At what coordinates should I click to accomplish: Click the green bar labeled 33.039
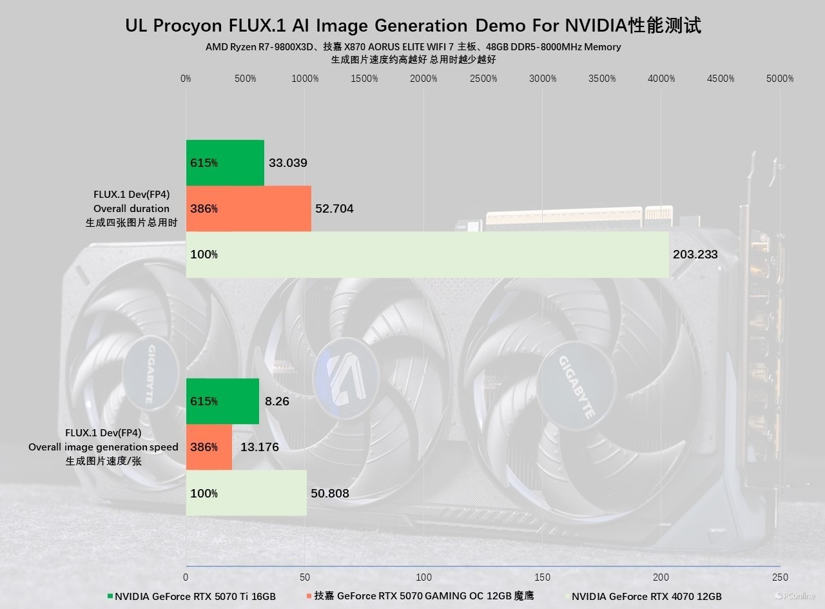225,162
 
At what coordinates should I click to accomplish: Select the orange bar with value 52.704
248,208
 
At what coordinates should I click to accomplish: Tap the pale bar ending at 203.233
427,255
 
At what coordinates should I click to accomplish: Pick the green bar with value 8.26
222,401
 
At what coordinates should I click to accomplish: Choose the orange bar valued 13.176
209,447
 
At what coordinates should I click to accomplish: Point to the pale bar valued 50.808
246,493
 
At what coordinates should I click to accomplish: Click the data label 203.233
695,255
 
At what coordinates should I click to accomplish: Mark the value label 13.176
259,447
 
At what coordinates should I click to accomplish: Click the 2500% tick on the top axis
483,79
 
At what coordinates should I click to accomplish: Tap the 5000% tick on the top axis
780,79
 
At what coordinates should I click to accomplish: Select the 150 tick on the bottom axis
543,577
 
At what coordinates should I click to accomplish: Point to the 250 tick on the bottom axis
780,577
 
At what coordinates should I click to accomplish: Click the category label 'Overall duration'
131,208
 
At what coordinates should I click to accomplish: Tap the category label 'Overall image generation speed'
103,447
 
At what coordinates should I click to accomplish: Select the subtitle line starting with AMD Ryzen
413,46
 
